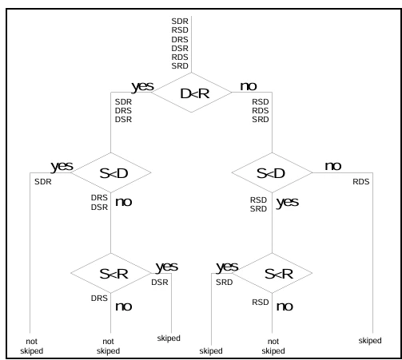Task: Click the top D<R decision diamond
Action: point(191,93)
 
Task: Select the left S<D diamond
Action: point(111,172)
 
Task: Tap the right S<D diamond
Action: point(272,172)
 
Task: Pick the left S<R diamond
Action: point(111,273)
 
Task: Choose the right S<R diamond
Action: point(272,273)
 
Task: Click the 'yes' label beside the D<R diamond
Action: point(142,86)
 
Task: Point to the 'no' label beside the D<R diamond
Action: point(249,86)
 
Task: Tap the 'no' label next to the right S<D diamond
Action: point(333,166)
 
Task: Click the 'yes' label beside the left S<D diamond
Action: point(62,167)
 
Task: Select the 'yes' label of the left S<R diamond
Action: point(167,267)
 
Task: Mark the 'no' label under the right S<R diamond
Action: point(285,307)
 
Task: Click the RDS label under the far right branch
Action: point(361,182)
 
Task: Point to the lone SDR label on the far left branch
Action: point(43,182)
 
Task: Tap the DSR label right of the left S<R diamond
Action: point(160,283)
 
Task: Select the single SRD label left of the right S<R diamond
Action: point(225,283)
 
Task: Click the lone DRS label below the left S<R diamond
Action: point(99,299)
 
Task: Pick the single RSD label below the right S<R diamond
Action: point(261,303)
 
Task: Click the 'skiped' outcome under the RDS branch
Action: point(370,340)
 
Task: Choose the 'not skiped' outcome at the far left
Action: point(32,346)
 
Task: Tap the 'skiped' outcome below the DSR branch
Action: point(169,338)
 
